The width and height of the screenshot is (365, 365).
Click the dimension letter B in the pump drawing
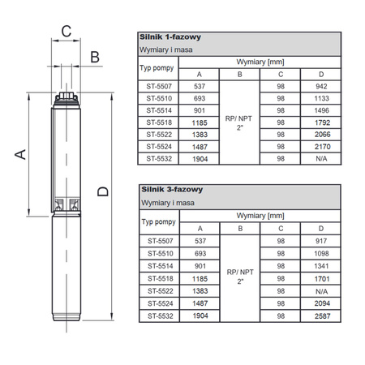94,56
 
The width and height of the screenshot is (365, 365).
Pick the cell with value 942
321,85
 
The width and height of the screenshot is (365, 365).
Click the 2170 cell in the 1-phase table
321,146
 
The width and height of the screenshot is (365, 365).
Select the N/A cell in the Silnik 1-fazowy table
321,159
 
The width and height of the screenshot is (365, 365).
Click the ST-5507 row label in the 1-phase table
158,85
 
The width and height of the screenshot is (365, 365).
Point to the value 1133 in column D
321,97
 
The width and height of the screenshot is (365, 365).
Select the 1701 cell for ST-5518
321,276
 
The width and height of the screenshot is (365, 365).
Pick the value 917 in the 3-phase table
321,240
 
